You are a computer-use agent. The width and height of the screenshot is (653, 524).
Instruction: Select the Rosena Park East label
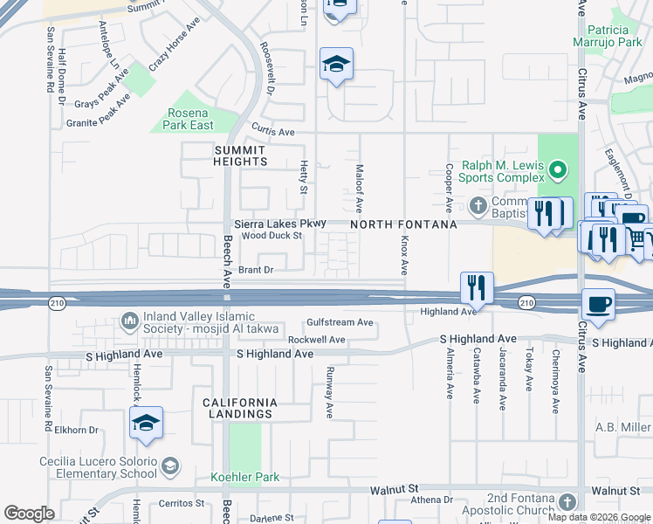coord(189,120)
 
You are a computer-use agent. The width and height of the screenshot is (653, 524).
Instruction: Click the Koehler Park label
coord(245,478)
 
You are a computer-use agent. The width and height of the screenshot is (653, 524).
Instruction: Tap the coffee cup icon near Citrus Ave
coord(598,304)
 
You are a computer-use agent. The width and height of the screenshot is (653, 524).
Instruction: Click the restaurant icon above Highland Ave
coord(477,287)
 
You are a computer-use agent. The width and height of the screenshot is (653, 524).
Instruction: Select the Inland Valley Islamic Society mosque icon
coord(130,321)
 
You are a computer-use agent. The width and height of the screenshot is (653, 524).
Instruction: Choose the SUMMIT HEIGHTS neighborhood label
coord(240,155)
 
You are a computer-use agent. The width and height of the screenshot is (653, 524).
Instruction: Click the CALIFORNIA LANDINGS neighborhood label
coord(240,408)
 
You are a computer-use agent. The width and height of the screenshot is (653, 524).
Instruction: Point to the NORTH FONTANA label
coord(404,225)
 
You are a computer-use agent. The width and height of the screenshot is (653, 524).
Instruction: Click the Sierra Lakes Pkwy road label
coord(279,224)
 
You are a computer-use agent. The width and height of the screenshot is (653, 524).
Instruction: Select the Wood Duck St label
coord(272,236)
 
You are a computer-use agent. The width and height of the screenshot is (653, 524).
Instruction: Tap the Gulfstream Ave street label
coord(340,322)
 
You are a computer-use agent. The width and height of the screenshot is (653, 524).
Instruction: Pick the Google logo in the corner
coord(29,514)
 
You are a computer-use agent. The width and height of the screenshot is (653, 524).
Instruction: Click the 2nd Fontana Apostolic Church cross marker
coord(567,501)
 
